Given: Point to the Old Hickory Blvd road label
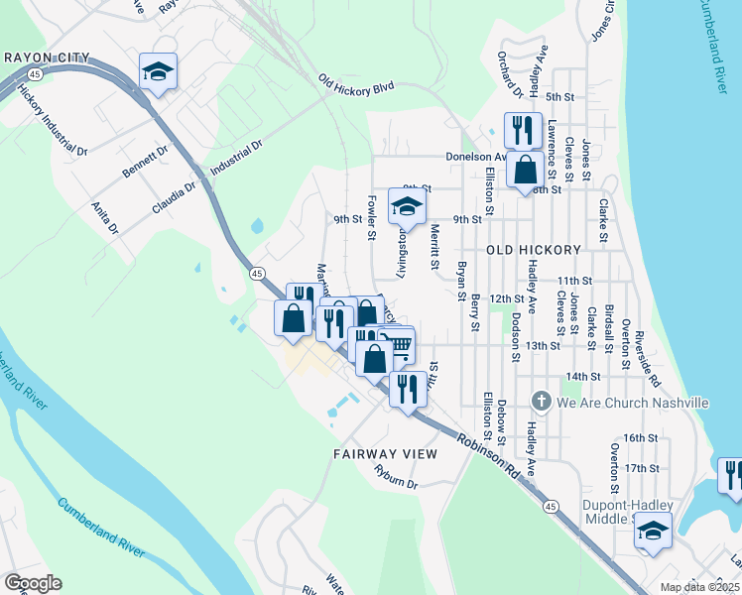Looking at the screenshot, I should point(356,82).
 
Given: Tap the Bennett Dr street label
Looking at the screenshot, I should point(146,162).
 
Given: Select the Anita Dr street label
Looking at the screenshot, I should point(104,217).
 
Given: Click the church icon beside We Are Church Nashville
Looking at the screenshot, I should point(541,403).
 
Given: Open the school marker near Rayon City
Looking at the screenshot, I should point(158,71).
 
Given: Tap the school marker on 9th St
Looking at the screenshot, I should point(406,206).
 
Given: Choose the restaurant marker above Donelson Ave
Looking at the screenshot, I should point(522,130).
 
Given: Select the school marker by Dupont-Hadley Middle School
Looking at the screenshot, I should point(653,531).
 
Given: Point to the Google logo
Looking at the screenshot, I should point(33,583).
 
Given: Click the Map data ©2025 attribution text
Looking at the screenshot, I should point(698,587).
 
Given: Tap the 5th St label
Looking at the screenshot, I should point(560,96).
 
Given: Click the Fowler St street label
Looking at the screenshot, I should point(371,217).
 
